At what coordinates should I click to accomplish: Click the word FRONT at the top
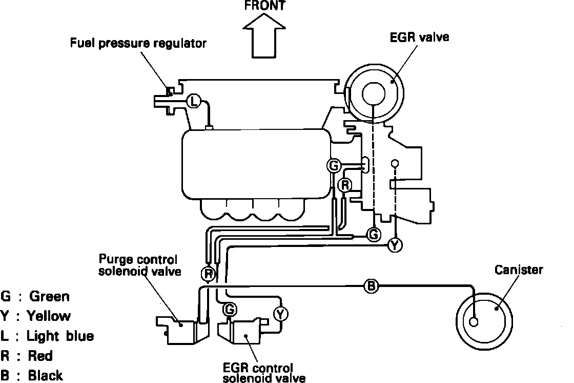[264, 6]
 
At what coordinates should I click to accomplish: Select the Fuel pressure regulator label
[138, 43]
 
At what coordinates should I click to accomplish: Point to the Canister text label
[518, 270]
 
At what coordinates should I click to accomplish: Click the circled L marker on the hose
[193, 101]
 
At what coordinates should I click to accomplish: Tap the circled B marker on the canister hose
[371, 285]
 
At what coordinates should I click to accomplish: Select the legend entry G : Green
[36, 296]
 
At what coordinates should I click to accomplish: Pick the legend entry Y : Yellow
[36, 316]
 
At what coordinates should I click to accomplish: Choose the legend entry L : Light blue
[48, 336]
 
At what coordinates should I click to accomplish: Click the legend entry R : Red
[28, 355]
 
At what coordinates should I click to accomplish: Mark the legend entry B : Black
[34, 375]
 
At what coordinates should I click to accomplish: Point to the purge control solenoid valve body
[182, 329]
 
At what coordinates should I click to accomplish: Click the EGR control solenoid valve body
[245, 331]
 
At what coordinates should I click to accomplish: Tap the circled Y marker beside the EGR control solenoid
[280, 314]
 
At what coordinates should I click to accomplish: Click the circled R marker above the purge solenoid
[208, 273]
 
